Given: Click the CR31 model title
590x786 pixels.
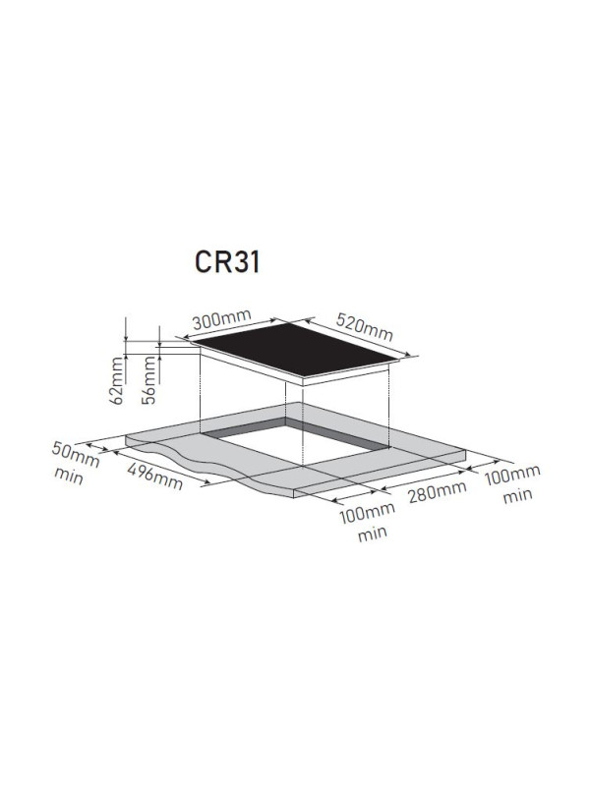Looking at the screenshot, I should coord(225,264).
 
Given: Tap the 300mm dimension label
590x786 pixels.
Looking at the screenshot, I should coord(222,320).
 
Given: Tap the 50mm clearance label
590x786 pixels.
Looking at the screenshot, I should coord(76,454).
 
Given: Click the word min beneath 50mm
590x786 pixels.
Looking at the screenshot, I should coord(70,477).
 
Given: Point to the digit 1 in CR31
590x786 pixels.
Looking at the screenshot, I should coord(254,264).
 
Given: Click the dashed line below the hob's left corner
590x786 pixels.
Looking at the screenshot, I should coord(201,393).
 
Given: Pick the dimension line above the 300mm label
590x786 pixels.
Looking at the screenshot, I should coord(231,331).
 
